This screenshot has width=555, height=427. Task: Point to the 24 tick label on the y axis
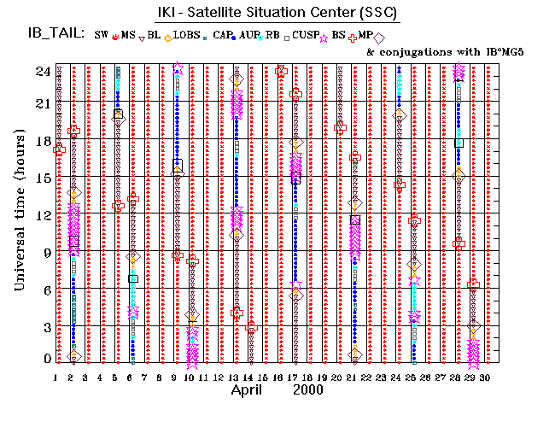click(x=41, y=72)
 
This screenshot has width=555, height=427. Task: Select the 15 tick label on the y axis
click(x=41, y=178)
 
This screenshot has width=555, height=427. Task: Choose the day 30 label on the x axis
click(x=486, y=377)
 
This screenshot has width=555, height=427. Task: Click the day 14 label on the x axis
click(x=248, y=377)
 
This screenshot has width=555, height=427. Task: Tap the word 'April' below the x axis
click(x=250, y=390)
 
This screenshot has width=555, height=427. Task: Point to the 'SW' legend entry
click(x=102, y=34)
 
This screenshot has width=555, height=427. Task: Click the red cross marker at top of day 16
click(x=281, y=72)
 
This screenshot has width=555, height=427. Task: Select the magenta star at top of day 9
click(x=177, y=67)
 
